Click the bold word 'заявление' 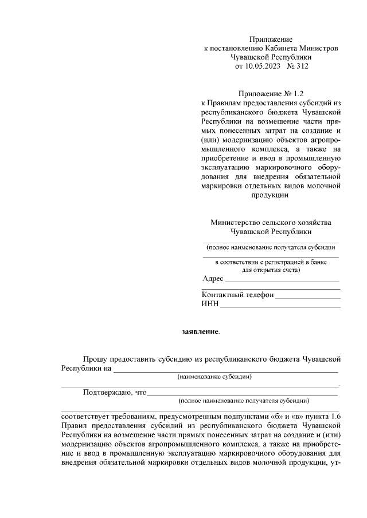pos(200,331)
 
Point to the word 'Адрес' pos(213,279)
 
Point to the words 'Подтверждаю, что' pos(115,393)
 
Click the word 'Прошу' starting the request pos(95,359)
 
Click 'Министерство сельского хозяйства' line pos(271,223)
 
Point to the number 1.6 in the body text pos(336,417)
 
